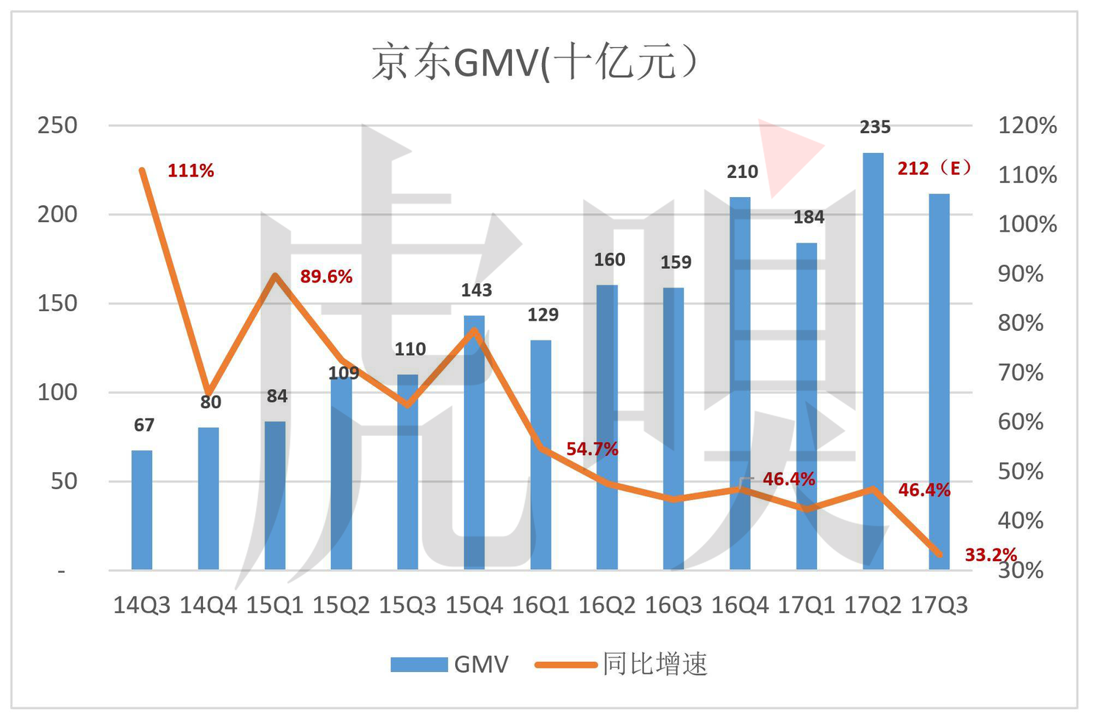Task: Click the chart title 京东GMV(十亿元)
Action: [535, 63]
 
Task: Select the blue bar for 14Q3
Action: [142, 510]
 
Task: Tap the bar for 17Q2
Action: [873, 362]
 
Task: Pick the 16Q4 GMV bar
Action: [740, 384]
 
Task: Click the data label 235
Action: [875, 127]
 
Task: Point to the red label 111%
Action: [191, 171]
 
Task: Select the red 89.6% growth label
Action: [326, 276]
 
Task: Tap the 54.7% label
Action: [592, 449]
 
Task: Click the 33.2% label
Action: [990, 555]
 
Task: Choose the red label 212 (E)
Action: [934, 168]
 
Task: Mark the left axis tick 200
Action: [57, 215]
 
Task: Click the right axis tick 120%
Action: [1027, 126]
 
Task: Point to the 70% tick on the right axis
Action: [1021, 373]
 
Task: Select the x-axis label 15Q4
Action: [474, 605]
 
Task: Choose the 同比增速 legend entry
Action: [621, 665]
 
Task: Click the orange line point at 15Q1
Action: [276, 275]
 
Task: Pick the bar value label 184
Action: [809, 217]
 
